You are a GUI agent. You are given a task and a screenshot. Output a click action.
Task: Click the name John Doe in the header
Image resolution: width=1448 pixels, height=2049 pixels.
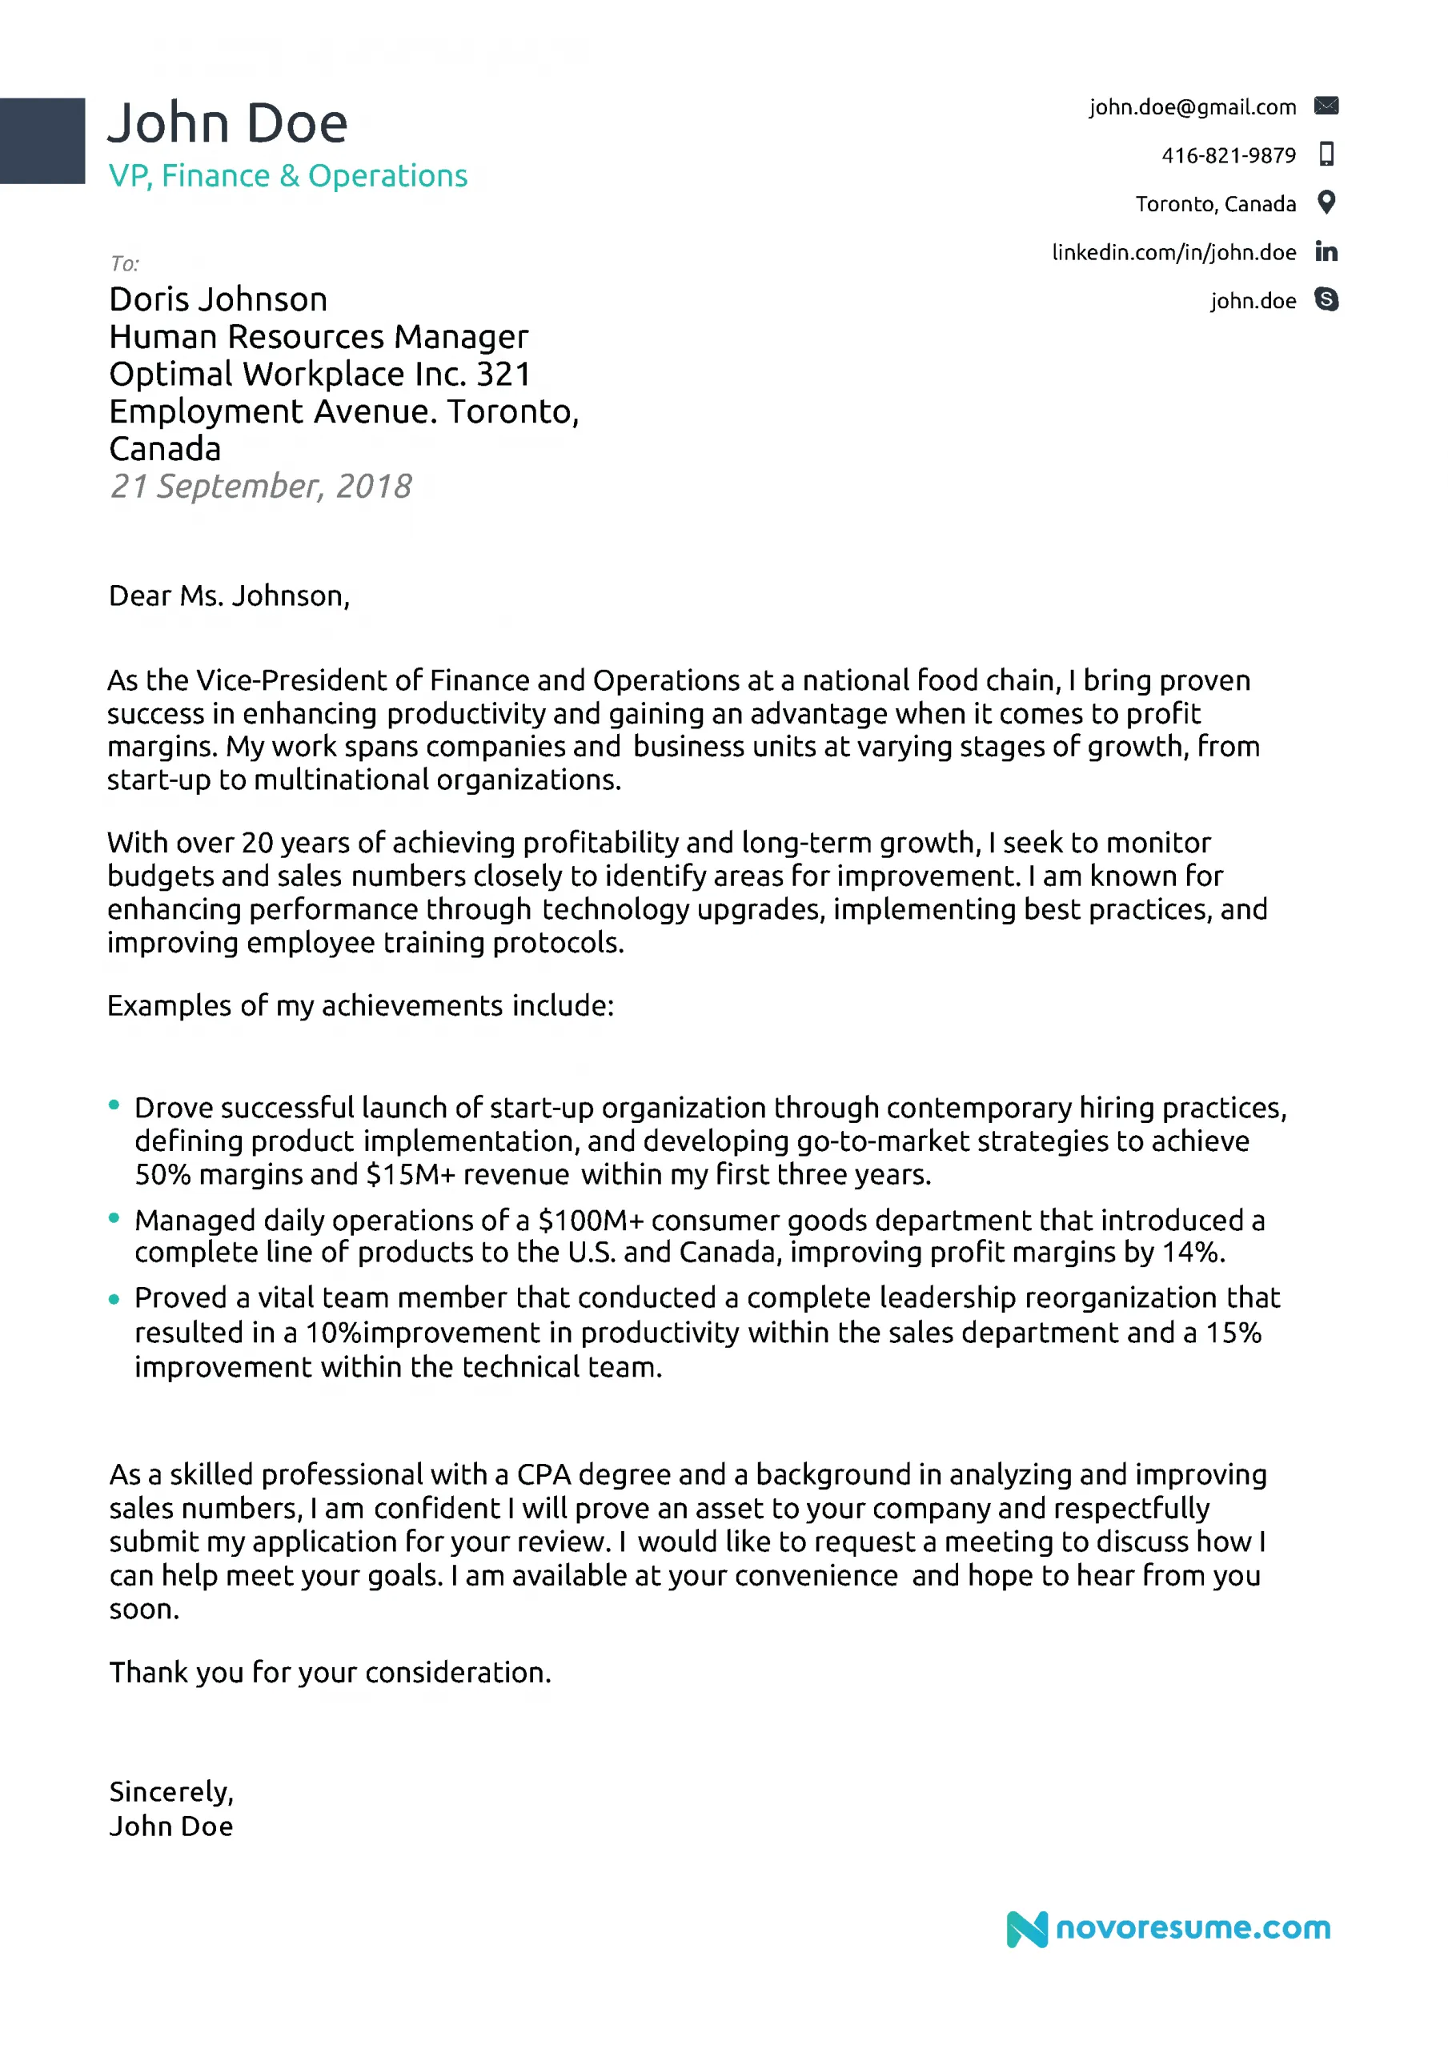[x=227, y=123]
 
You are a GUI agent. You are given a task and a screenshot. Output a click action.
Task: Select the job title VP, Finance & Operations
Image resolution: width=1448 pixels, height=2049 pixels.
[x=287, y=176]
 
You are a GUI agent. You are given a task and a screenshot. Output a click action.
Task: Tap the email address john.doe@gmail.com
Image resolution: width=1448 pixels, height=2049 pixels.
[x=1192, y=107]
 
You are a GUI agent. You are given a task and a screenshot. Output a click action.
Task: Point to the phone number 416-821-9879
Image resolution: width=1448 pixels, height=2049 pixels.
[x=1229, y=155]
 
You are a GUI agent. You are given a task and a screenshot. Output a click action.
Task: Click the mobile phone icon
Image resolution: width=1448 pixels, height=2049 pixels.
[x=1326, y=154]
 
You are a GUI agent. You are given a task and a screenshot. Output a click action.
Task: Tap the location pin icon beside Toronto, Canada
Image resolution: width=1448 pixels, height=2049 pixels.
[x=1326, y=202]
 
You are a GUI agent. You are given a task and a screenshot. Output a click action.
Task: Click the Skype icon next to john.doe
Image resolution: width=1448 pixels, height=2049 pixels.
[x=1326, y=300]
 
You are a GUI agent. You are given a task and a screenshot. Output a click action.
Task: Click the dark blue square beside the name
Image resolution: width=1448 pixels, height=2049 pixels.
[x=42, y=141]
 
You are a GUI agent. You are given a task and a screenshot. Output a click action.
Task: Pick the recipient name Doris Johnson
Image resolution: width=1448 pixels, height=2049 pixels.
[x=218, y=299]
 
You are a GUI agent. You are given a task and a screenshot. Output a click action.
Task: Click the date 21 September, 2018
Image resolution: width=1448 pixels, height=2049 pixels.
[x=261, y=487]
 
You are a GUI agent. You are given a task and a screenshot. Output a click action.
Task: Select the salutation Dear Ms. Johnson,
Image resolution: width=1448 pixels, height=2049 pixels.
[x=230, y=595]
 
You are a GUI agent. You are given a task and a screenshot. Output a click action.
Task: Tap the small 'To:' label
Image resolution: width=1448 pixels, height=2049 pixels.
[x=125, y=263]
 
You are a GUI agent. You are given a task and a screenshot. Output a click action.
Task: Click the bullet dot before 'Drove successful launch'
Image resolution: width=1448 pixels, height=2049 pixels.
[x=114, y=1105]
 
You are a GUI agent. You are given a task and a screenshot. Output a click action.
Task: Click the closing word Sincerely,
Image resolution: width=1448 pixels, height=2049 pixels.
[x=171, y=1791]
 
